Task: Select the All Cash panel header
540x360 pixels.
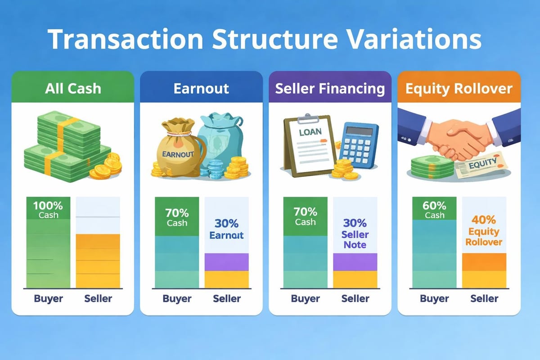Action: click(72, 88)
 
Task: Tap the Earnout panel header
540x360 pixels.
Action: click(201, 88)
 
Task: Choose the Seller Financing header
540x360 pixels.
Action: click(330, 88)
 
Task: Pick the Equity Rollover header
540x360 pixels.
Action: click(459, 88)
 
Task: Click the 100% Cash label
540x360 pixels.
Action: click(48, 210)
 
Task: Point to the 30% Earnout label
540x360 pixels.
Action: click(226, 229)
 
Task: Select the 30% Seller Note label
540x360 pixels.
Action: click(355, 234)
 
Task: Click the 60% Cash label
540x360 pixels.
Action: click(434, 210)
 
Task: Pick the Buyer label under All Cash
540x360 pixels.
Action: click(48, 298)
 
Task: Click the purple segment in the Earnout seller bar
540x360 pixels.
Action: click(226, 262)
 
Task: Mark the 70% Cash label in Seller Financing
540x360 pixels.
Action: click(306, 217)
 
